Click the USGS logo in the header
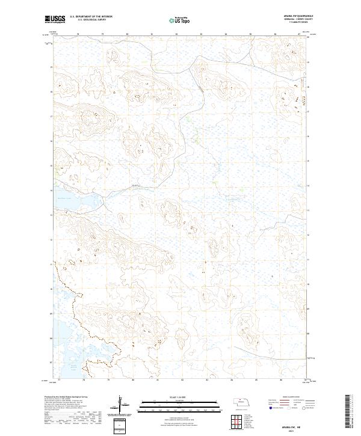pos(55,19)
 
